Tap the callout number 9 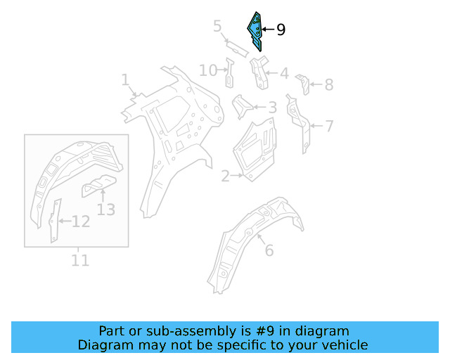pyautogui.click(x=281, y=30)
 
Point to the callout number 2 pyautogui.click(x=225, y=176)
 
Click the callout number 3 pyautogui.click(x=218, y=27)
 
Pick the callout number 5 pyautogui.click(x=328, y=127)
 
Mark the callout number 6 pyautogui.click(x=328, y=85)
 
